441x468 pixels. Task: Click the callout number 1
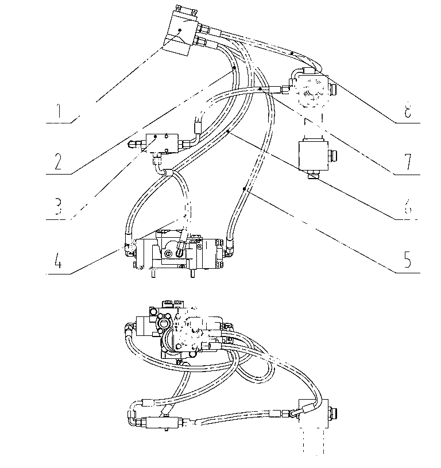(59, 111)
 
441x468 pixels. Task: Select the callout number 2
(58, 161)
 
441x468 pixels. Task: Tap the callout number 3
(58, 206)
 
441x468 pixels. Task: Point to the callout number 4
(58, 259)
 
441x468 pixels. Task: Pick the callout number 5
(407, 258)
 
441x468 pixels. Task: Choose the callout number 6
(408, 206)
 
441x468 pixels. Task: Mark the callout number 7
(408, 161)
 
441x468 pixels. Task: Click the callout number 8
(408, 111)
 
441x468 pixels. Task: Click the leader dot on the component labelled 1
(180, 29)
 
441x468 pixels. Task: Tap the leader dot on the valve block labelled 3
(156, 137)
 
